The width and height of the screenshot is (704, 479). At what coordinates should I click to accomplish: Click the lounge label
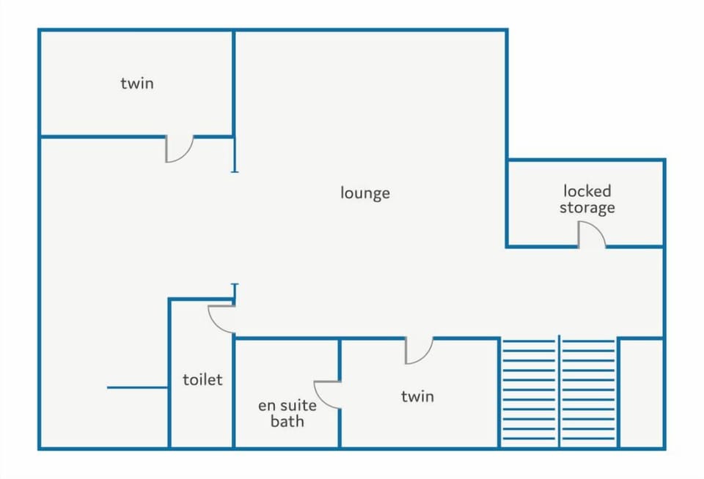pos(364,193)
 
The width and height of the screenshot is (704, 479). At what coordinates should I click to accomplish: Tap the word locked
pos(587,191)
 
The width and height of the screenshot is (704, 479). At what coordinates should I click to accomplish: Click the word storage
pos(587,208)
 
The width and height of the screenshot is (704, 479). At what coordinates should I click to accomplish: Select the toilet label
pos(202,380)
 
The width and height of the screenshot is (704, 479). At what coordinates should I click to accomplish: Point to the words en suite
pos(287,405)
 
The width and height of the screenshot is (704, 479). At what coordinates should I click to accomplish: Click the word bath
pos(287,421)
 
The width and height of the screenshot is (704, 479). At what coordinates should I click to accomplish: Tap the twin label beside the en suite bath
pos(417,396)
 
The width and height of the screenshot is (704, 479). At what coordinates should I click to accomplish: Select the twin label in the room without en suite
pos(137,83)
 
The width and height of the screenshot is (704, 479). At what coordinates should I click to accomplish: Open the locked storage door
pos(591,236)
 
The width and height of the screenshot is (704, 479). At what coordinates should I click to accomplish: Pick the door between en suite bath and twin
pos(327,394)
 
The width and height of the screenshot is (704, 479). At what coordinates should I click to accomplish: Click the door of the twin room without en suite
pos(179,149)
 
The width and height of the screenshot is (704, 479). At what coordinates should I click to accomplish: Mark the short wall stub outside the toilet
pos(138,387)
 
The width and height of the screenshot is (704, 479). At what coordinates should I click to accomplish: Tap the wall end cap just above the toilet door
pos(235,285)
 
